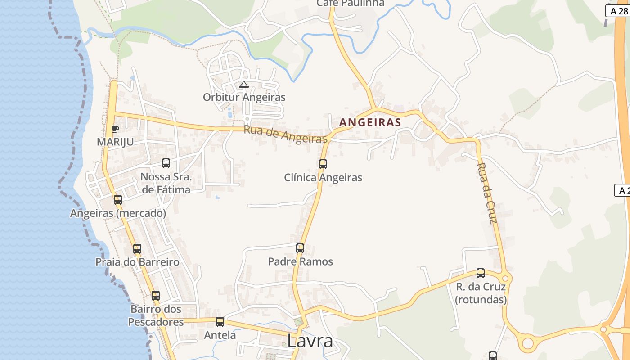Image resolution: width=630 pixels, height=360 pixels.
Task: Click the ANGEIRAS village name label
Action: coord(370,122)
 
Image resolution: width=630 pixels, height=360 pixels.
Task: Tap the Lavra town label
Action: coord(310,341)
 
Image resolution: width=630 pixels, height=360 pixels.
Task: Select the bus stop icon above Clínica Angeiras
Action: coord(323,164)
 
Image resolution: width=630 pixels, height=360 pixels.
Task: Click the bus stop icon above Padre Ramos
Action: coord(300,248)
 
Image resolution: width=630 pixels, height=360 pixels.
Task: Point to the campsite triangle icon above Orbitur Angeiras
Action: coord(244,84)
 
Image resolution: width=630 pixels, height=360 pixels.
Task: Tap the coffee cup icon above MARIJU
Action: coord(115,129)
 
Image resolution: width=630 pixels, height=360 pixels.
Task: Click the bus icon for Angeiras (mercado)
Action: coord(118,200)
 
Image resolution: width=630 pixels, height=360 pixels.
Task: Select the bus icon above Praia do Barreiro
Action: coord(137,248)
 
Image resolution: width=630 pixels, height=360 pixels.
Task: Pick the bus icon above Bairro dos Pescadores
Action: coord(156,296)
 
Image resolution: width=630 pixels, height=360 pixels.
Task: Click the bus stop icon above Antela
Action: coord(220,322)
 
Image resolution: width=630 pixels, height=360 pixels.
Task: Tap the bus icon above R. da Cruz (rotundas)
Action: coord(481,273)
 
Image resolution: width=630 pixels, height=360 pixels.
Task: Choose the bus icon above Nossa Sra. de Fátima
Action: coord(166,163)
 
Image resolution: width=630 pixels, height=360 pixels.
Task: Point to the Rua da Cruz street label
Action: coord(487,193)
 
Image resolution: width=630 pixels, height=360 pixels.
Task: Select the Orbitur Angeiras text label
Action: coord(244,97)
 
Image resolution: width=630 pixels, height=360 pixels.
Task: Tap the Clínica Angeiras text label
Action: coord(323,178)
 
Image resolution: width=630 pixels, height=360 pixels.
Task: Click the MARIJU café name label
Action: coord(115,142)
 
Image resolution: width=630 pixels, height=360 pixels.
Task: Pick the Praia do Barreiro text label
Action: coord(137,262)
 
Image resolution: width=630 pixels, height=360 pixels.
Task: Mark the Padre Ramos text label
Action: coord(300,261)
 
